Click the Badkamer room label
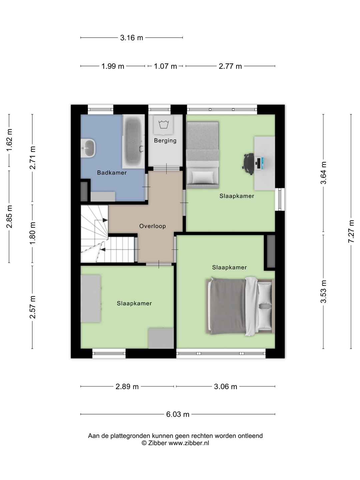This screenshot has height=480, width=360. (112, 173)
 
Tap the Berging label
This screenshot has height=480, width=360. (165, 140)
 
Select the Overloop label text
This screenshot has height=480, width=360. (152, 226)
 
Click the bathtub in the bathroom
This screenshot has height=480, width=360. (133, 141)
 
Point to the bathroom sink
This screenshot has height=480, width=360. (88, 148)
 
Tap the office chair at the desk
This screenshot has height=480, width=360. (248, 164)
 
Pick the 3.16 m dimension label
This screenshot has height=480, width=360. (132, 38)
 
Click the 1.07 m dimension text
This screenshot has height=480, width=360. (165, 66)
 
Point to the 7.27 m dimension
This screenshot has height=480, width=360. (351, 231)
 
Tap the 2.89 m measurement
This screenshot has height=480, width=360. (127, 386)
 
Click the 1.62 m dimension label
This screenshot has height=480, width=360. (9, 140)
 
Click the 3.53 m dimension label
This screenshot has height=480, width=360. (323, 291)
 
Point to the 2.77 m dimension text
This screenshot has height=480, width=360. (230, 66)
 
